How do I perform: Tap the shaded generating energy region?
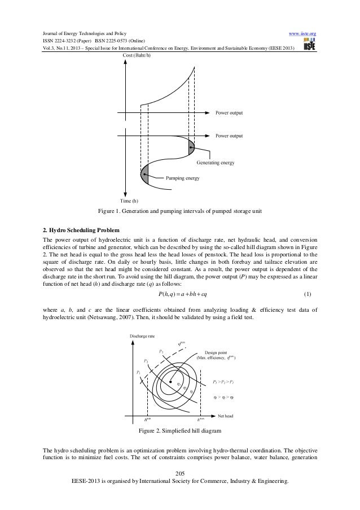(x=190, y=149)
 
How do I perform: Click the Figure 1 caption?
(x=179, y=212)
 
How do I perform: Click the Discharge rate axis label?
(x=143, y=336)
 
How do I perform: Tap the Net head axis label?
(x=225, y=416)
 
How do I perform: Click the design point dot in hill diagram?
(x=171, y=383)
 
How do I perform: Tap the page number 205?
(x=180, y=473)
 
